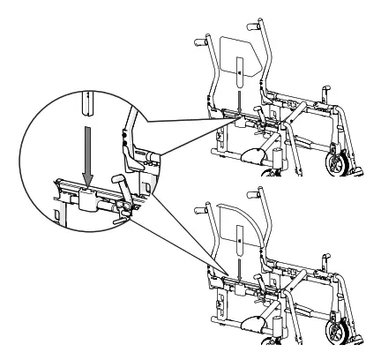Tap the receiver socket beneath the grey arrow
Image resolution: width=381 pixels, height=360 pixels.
click(87, 198)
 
